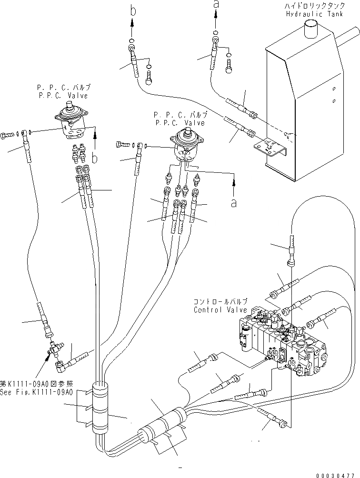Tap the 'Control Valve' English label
point(220,310)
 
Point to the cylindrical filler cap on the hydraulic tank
point(312,30)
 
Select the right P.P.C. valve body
point(188,145)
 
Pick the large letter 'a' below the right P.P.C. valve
point(233,202)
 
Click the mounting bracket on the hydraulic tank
point(271,148)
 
